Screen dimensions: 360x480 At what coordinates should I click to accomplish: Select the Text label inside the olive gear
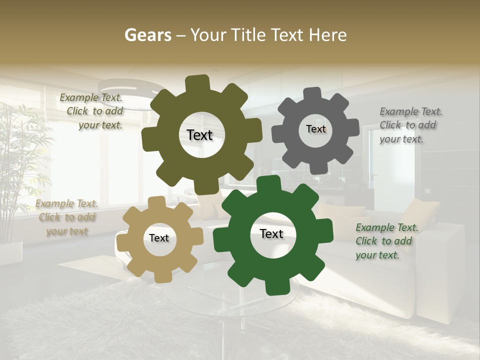pos(199,135)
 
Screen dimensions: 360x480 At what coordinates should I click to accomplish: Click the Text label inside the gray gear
pos(315,129)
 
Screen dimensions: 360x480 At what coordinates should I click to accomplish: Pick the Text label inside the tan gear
pos(159,238)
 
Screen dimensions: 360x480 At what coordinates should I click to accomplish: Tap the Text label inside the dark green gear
pos(271,233)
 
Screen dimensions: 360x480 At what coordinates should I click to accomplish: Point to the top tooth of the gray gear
pos(312,94)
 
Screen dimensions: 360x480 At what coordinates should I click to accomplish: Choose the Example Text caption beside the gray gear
pos(410,125)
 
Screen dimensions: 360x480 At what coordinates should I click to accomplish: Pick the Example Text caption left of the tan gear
pos(66,217)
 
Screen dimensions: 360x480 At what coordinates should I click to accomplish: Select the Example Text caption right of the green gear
pos(386,241)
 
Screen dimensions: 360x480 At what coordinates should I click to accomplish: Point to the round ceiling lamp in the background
pos(127,90)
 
